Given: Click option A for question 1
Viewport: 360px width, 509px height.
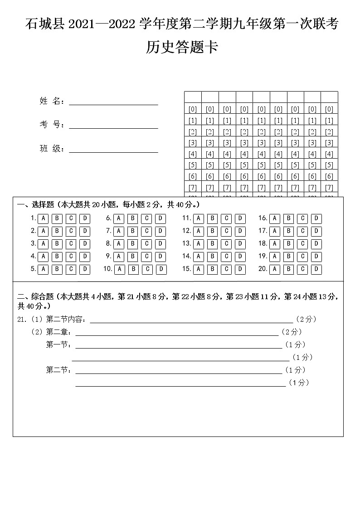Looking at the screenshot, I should click(x=43, y=218).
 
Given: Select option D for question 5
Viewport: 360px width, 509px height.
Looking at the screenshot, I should click(x=85, y=270).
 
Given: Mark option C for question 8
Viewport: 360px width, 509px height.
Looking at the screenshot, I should click(x=146, y=244).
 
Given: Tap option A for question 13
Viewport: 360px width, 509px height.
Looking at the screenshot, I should click(x=198, y=244).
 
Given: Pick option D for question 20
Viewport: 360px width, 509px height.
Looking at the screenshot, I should click(x=316, y=270).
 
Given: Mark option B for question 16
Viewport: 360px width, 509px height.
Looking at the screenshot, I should click(x=288, y=218).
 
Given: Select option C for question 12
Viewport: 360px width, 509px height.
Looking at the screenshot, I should click(x=226, y=231).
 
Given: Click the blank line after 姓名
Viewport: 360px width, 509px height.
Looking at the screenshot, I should click(x=113, y=102).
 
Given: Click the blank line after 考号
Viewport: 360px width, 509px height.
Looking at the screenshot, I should click(x=113, y=125).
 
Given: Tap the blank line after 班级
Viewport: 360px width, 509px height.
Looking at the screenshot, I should click(x=113, y=149).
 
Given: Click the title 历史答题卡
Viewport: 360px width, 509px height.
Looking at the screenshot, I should click(x=181, y=47).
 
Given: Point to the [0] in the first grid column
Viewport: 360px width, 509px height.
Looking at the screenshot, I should click(x=192, y=109).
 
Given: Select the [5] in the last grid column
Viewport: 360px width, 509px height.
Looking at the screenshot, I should click(x=329, y=165).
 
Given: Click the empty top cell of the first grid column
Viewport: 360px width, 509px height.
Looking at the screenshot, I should click(x=192, y=97).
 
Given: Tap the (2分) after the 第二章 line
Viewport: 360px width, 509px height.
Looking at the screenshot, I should click(x=292, y=332).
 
